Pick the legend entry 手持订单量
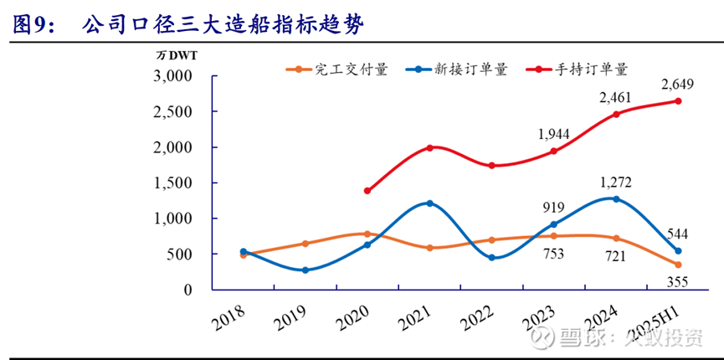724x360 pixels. [592, 70]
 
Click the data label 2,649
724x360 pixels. [678, 85]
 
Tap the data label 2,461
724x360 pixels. [616, 98]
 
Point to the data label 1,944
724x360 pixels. [553, 134]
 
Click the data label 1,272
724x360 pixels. [616, 182]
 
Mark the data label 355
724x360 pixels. [678, 281]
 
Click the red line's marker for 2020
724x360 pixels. [367, 191]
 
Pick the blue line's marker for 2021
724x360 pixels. [429, 203]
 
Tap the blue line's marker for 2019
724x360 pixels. [305, 270]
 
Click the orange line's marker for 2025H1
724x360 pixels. [678, 265]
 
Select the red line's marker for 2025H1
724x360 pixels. [678, 101]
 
